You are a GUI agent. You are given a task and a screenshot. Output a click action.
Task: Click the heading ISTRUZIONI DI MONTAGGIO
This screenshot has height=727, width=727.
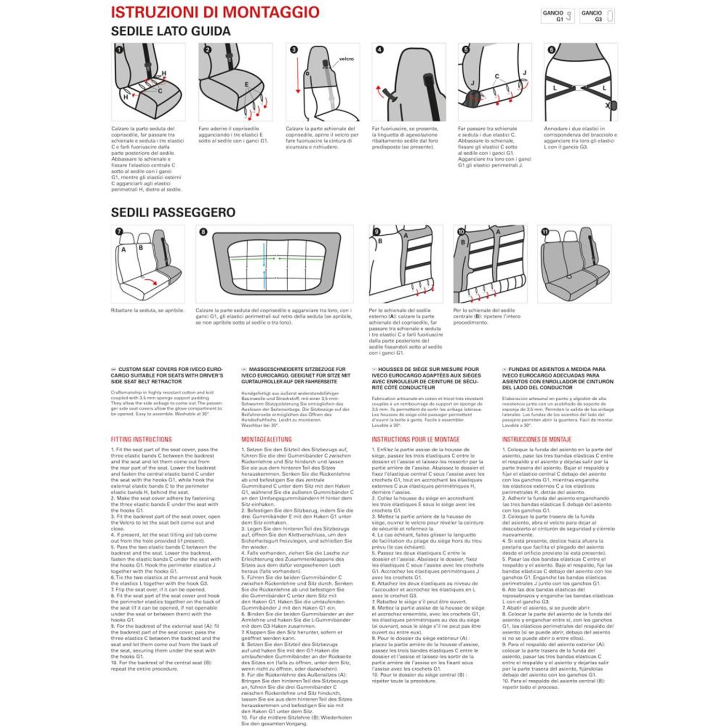click(215, 12)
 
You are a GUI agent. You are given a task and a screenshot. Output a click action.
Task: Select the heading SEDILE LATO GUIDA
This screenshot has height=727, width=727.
click(170, 31)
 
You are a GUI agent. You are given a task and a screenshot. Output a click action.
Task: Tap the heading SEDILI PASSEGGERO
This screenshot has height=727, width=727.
click(173, 212)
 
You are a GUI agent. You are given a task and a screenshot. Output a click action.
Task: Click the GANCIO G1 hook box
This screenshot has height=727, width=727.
click(557, 16)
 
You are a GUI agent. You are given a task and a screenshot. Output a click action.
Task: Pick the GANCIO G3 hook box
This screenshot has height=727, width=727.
click(597, 16)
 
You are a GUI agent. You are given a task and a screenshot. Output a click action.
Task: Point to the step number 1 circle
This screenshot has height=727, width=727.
click(119, 50)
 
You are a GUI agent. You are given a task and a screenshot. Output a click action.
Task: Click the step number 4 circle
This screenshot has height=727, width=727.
click(380, 50)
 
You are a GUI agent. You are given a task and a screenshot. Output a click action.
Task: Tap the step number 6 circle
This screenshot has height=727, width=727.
click(551, 50)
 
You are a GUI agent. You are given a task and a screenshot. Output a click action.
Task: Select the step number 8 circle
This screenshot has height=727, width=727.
click(203, 232)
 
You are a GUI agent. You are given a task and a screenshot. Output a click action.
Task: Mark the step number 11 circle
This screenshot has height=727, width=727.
click(545, 232)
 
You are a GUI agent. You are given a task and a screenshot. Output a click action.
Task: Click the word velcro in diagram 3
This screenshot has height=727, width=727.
click(346, 59)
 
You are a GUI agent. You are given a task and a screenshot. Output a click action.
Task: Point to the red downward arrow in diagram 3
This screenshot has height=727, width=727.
click(298, 75)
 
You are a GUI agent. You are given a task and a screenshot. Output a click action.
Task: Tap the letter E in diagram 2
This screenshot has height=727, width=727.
click(247, 85)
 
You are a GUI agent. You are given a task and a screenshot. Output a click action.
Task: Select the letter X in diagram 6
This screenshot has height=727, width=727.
click(608, 105)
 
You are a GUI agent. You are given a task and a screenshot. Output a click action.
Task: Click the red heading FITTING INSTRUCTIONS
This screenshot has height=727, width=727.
click(141, 439)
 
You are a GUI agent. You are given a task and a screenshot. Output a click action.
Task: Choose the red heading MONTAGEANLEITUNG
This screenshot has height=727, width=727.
click(266, 439)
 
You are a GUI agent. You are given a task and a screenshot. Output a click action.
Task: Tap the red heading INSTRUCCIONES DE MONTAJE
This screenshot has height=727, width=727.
click(536, 439)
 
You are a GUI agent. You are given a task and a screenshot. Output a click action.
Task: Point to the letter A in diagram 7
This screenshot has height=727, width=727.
click(124, 250)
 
